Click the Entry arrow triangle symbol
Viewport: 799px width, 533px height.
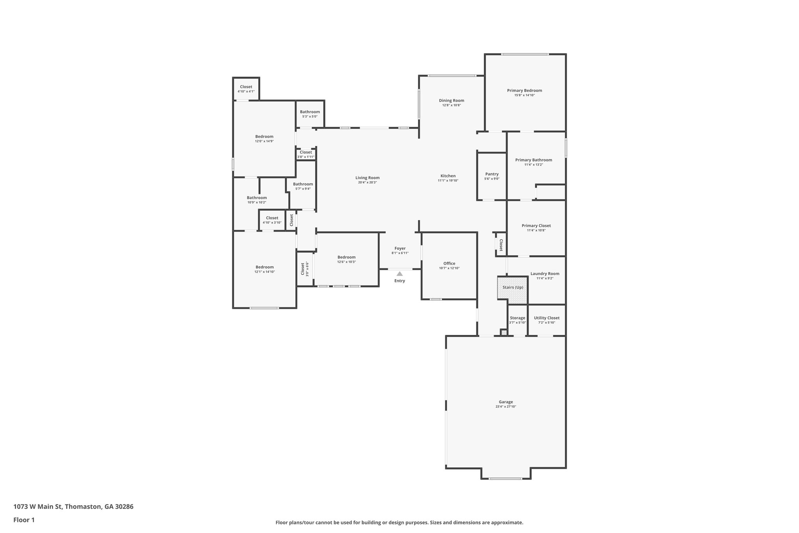399,274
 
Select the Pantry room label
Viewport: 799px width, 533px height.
492,174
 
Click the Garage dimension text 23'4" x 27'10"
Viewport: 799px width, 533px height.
506,406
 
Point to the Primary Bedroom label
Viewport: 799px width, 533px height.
524,91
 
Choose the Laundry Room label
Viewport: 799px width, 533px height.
545,274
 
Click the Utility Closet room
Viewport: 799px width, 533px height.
547,320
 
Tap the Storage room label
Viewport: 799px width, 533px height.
517,318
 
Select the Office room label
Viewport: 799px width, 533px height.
449,264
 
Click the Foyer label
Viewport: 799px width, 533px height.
400,248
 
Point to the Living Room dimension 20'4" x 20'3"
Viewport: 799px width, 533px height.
367,182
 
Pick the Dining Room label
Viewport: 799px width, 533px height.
451,100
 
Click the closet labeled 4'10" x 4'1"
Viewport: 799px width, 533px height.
246,89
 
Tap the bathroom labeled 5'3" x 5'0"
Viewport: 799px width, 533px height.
310,114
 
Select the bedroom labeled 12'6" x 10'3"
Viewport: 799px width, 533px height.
346,259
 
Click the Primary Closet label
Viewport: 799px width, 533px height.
536,226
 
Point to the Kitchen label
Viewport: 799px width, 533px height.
448,176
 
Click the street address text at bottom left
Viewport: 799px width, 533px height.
73,506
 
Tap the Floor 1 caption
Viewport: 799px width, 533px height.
24,520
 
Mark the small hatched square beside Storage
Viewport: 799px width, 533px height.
504,333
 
